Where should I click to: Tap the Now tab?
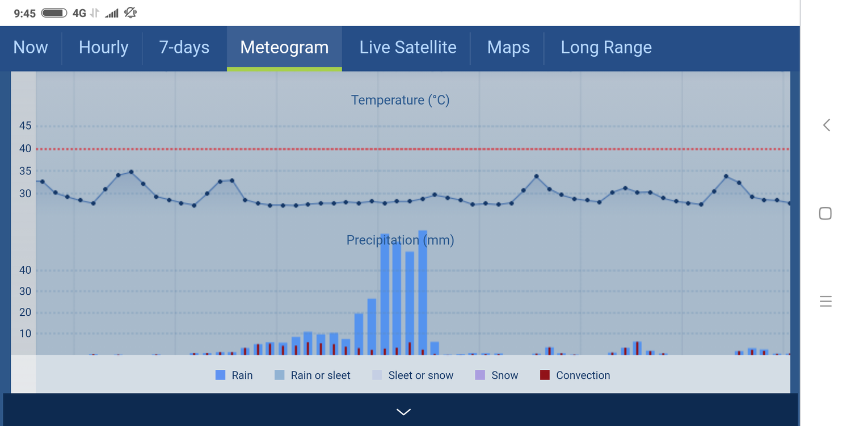[31, 48]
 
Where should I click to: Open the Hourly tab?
[103, 48]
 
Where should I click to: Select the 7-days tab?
[184, 48]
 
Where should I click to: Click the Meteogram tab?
[284, 48]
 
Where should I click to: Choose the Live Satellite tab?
[407, 48]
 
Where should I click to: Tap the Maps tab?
[508, 48]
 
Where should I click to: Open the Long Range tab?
[606, 48]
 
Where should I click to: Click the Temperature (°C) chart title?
[400, 101]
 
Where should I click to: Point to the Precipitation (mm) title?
[400, 240]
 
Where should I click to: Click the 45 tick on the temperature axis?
[25, 126]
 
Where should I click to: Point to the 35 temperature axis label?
[25, 171]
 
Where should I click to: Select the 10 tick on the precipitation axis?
[25, 333]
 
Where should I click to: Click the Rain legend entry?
[234, 375]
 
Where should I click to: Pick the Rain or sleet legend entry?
[312, 375]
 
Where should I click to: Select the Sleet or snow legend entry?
[412, 375]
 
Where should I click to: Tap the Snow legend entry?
[496, 375]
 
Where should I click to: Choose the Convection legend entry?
[575, 375]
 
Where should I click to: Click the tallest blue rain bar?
[422, 293]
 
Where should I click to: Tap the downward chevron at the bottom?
[403, 411]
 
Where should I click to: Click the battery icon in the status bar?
[54, 12]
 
